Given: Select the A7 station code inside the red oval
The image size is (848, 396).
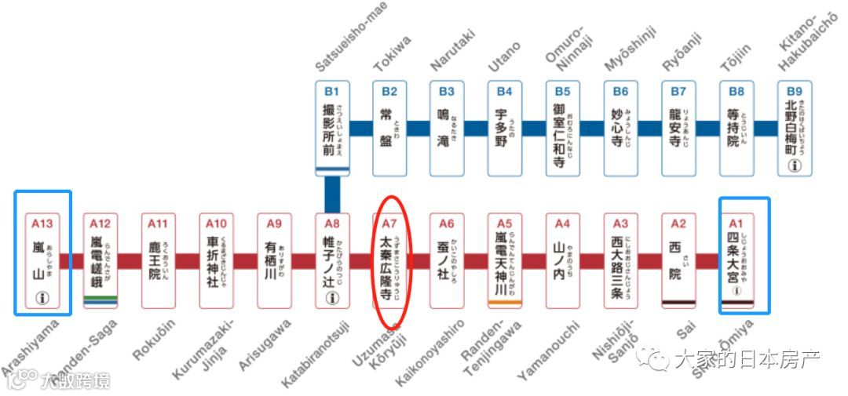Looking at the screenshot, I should click(x=390, y=223).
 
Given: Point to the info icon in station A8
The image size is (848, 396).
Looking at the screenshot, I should click(x=332, y=297).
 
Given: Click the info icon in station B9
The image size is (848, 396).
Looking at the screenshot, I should click(x=794, y=165).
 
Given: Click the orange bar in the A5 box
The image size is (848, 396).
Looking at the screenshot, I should click(x=505, y=303).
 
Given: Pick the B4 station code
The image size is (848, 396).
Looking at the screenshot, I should click(x=505, y=90).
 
